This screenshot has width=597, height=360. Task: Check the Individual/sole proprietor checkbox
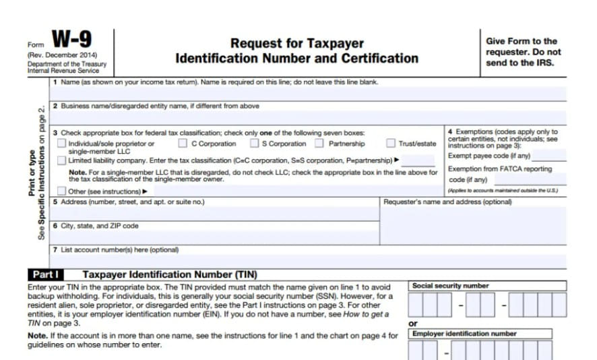click(x=62, y=144)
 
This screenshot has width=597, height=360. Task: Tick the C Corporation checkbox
click(x=183, y=144)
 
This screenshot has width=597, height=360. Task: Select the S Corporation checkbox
click(x=254, y=144)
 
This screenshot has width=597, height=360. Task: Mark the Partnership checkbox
click(x=319, y=144)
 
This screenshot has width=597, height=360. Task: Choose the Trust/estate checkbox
click(x=391, y=144)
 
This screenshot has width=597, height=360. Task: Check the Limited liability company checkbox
click(x=62, y=160)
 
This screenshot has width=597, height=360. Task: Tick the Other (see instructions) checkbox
click(x=62, y=191)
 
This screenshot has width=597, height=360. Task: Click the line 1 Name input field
click(x=307, y=94)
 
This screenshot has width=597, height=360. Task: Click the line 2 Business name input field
click(x=307, y=118)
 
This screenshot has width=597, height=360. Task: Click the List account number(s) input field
click(x=307, y=262)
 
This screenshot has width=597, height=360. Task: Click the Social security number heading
click(x=451, y=286)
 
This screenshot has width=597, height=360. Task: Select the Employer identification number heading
click(x=464, y=334)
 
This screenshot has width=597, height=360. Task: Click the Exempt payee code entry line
click(x=548, y=158)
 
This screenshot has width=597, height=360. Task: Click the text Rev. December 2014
click(x=63, y=55)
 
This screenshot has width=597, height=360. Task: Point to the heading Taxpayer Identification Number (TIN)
click(x=169, y=275)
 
